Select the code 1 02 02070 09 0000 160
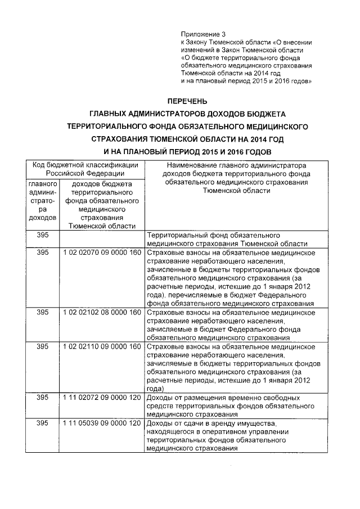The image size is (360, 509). [x=101, y=253]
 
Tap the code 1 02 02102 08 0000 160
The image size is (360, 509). [x=101, y=312]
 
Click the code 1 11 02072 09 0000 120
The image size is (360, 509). [x=101, y=398]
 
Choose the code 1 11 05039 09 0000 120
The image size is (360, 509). [x=101, y=423]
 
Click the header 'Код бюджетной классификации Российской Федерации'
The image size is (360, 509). [x=85, y=169]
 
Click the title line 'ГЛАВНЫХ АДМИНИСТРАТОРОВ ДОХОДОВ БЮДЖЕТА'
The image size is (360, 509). [x=186, y=114]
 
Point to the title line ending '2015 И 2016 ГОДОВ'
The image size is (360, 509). [x=186, y=152]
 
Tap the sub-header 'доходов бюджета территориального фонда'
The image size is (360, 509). [x=101, y=205]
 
